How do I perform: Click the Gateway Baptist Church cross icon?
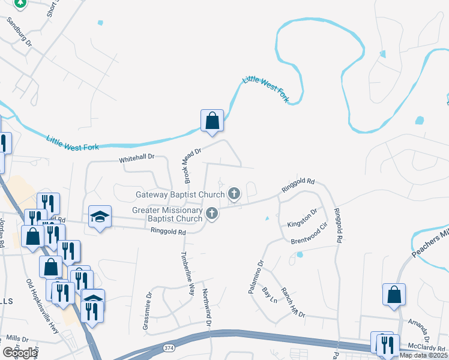(234, 194)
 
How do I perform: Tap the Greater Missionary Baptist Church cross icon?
(211, 214)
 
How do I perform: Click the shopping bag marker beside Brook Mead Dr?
(212, 121)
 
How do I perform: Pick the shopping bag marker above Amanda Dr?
(393, 295)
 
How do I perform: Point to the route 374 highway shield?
(170, 347)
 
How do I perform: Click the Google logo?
(20, 353)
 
